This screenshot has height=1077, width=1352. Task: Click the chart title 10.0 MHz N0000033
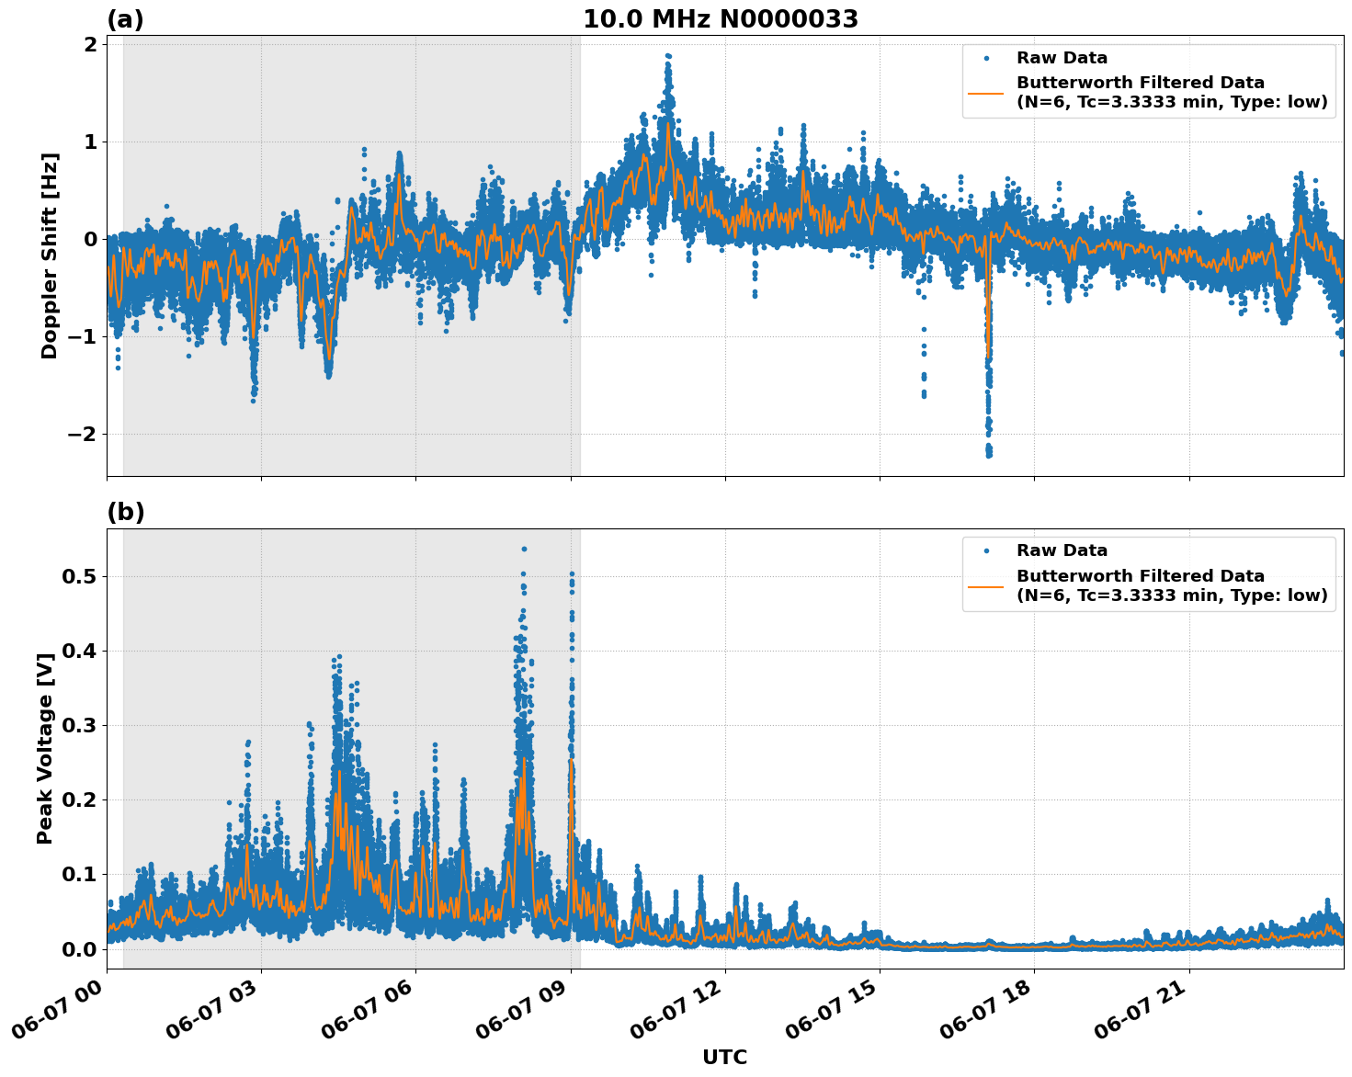coord(720,19)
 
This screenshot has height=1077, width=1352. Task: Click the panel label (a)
coord(125,19)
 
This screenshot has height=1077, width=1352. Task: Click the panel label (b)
coord(125,512)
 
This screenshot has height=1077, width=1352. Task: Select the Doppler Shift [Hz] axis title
coord(50,255)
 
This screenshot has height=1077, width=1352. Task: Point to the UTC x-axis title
coord(724,1057)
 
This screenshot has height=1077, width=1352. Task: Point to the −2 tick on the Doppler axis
coord(82,434)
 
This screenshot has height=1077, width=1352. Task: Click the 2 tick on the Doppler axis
coord(90,45)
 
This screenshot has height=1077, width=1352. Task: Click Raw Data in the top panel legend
coord(1062,58)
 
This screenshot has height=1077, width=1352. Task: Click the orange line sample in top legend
coord(986,93)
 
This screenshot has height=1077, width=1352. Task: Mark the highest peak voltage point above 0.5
coord(524,549)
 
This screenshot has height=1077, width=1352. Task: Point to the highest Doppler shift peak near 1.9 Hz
coord(668,56)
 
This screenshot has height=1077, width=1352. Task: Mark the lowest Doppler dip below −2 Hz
coord(989,454)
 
